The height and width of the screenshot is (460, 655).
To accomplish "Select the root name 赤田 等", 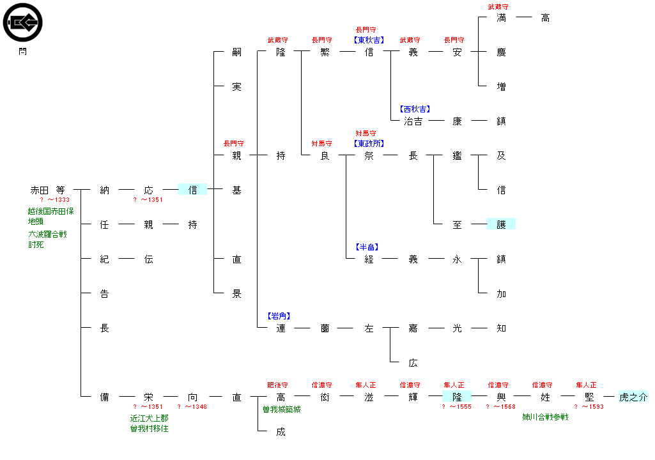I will point(47,190).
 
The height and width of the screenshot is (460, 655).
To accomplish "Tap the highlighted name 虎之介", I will point(633,397).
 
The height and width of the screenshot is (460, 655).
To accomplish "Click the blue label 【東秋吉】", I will point(369,40).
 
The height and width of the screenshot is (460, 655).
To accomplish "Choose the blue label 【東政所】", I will point(369,143).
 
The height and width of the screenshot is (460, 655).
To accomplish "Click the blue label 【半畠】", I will point(369,247).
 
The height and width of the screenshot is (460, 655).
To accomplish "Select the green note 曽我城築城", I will point(281,409).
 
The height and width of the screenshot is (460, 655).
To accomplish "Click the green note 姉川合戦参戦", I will point(545,417).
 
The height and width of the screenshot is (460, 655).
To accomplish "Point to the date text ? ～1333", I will point(54,200).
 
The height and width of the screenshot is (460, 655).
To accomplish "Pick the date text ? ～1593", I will point(589,407).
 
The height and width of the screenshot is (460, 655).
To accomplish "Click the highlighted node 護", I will point(501,224).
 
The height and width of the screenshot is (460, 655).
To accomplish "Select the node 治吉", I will point(413,121).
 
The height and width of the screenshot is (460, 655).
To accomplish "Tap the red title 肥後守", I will point(277,385).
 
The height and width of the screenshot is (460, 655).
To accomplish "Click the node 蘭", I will point(325,328).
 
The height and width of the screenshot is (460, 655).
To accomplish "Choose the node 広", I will point(413,363).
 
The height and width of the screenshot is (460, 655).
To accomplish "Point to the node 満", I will point(501,18).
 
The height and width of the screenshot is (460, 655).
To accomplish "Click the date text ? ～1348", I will point(192,407).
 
